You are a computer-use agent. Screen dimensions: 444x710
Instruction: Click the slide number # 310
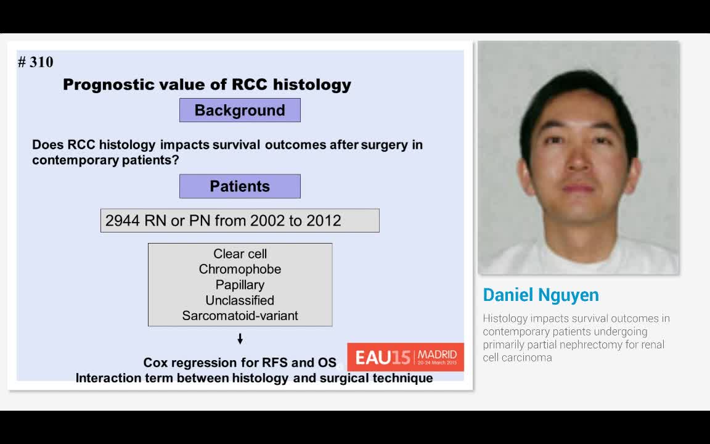(36, 62)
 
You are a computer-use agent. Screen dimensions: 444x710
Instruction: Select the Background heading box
(240, 110)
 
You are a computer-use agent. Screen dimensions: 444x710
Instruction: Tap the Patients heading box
(240, 186)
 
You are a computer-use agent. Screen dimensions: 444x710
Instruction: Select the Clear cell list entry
(240, 254)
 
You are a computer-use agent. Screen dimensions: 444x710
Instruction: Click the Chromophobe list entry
(240, 269)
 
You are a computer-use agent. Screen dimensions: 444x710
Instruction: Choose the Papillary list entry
(240, 285)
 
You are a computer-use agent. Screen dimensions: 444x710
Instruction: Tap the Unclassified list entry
(240, 300)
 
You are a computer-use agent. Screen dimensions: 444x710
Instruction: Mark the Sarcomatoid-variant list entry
(240, 316)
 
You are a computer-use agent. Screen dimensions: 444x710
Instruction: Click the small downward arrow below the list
(240, 339)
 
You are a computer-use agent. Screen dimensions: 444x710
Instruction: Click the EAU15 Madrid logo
(406, 357)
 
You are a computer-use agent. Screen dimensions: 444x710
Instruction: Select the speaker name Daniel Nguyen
(541, 295)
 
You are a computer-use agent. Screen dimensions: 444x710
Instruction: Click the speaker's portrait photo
(578, 157)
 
